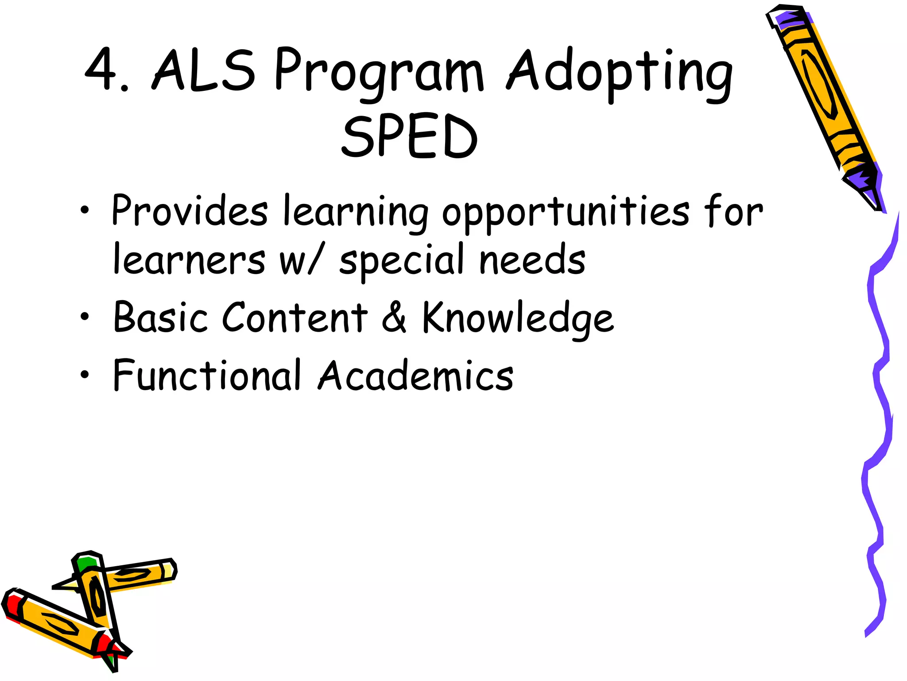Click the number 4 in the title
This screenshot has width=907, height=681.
101,69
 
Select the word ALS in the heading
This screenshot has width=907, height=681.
204,70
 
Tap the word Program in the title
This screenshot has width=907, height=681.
379,73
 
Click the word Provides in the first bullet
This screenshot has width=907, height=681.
190,210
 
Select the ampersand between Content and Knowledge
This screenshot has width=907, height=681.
394,317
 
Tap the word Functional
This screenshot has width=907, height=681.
207,375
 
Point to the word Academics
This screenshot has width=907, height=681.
416,375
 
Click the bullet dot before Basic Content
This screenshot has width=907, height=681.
85,317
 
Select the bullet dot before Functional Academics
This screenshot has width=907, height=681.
85,375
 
